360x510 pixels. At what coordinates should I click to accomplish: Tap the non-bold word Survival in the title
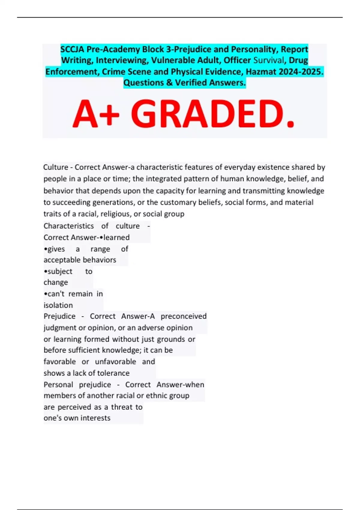[268, 60]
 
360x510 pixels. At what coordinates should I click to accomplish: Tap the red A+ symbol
[96, 114]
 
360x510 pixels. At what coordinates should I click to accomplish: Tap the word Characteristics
[68, 226]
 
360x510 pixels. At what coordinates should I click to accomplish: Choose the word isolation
[58, 305]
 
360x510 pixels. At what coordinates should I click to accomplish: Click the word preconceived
[184, 316]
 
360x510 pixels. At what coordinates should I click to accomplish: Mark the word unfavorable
[115, 361]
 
